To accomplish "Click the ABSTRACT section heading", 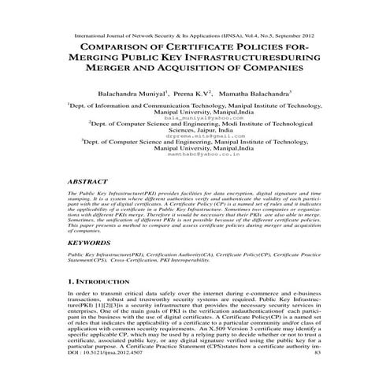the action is click(89, 180).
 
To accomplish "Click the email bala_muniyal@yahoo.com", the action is click(195, 117).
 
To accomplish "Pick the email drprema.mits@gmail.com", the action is click(195, 136).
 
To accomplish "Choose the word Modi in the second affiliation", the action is click(226, 123).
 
